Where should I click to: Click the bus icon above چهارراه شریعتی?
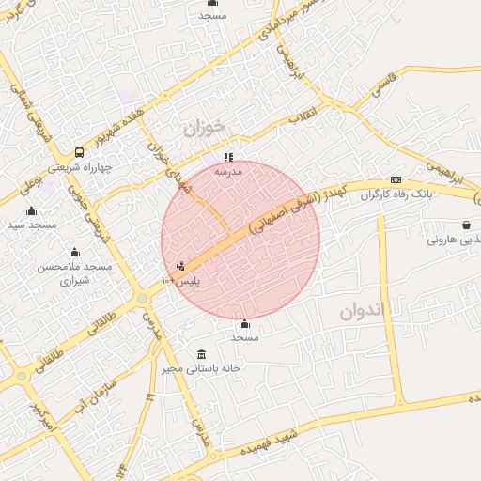click(x=78, y=152)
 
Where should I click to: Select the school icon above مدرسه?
click(x=227, y=157)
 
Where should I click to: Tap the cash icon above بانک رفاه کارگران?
click(x=396, y=179)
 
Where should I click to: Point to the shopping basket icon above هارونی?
click(x=466, y=225)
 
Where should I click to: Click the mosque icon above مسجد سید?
click(x=32, y=210)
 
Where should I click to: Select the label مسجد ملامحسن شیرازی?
click(x=74, y=273)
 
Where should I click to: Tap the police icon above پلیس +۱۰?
click(x=181, y=266)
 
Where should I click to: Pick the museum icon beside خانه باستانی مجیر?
click(x=201, y=354)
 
